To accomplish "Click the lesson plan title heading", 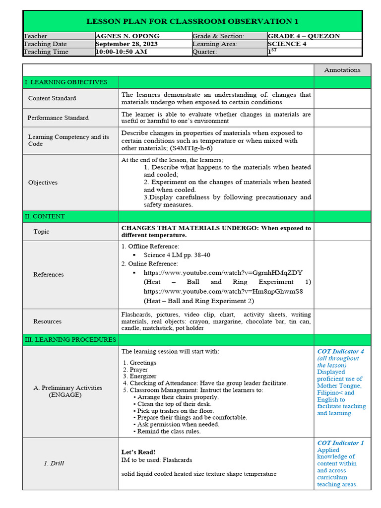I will (192, 21).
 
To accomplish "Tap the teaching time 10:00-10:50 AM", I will (121, 52).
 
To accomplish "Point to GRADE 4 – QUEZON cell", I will (304, 36).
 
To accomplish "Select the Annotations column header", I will (342, 70).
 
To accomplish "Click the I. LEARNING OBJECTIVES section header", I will (65, 82).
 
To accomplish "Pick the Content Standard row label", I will (52, 98).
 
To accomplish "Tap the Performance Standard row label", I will (58, 118).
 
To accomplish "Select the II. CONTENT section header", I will (45, 217).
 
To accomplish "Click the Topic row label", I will (41, 232).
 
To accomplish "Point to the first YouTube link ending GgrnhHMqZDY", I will (223, 273).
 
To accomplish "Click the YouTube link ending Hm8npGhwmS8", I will (223, 291).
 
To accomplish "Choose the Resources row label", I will (47, 321).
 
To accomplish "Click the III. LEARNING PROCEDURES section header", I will (70, 340).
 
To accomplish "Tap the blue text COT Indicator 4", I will (340, 351).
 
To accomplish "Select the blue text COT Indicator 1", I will (340, 443).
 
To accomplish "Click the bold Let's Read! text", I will (138, 452).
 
